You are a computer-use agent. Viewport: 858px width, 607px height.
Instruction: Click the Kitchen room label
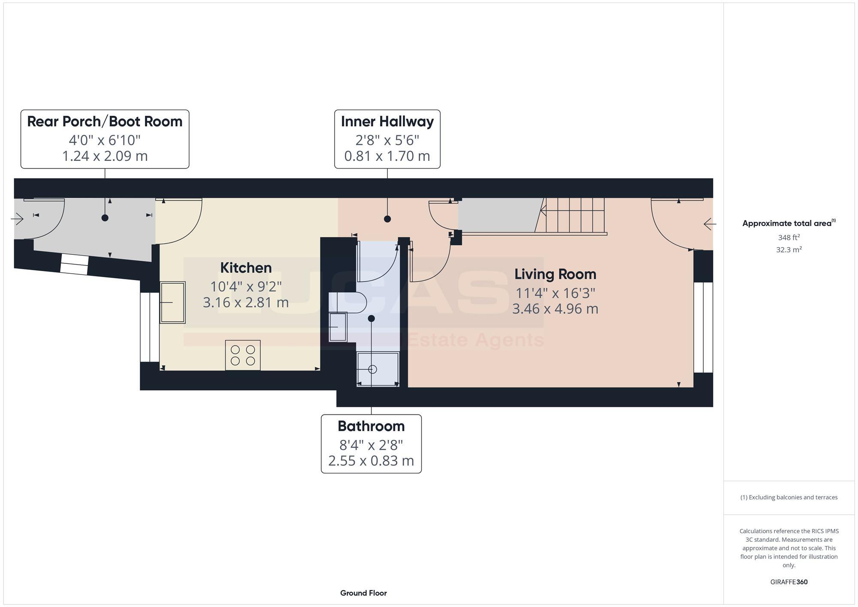click(246, 268)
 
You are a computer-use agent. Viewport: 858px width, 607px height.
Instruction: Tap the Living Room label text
click(555, 274)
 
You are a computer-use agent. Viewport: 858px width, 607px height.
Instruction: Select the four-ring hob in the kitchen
click(243, 355)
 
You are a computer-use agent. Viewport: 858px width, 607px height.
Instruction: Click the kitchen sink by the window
click(172, 302)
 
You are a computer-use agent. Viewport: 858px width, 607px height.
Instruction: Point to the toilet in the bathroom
click(348, 302)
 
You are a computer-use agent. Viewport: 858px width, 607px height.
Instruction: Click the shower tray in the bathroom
click(378, 369)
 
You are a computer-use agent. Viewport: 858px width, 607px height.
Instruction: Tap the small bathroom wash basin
click(338, 327)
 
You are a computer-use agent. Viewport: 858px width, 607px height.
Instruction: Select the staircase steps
click(575, 215)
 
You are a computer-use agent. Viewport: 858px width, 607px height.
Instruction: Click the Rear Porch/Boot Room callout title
click(105, 121)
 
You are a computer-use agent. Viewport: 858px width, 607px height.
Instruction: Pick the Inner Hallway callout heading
click(387, 121)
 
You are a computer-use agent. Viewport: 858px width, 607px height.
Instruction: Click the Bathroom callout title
click(371, 426)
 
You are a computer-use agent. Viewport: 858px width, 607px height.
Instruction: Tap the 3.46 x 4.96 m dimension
click(555, 309)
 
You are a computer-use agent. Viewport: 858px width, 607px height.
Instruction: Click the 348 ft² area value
click(789, 237)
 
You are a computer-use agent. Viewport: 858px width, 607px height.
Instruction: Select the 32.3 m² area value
click(789, 250)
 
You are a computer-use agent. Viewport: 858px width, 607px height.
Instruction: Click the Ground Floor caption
click(363, 593)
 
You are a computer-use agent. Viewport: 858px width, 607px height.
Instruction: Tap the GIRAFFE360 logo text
click(789, 582)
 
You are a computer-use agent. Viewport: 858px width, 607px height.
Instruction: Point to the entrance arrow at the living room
click(710, 224)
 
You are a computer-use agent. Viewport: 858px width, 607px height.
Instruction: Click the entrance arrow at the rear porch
click(17, 219)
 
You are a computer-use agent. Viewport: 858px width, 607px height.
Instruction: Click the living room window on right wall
click(704, 327)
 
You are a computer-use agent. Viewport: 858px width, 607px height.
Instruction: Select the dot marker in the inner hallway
click(387, 219)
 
